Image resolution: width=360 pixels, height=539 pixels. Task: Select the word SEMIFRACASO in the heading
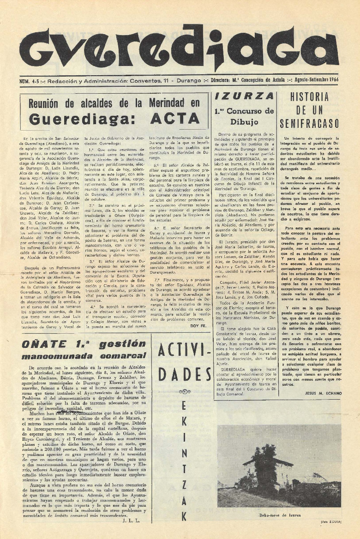(309, 123)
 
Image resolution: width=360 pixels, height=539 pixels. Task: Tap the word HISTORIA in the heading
(309, 97)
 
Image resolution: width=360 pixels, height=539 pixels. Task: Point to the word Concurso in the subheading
(252, 111)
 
